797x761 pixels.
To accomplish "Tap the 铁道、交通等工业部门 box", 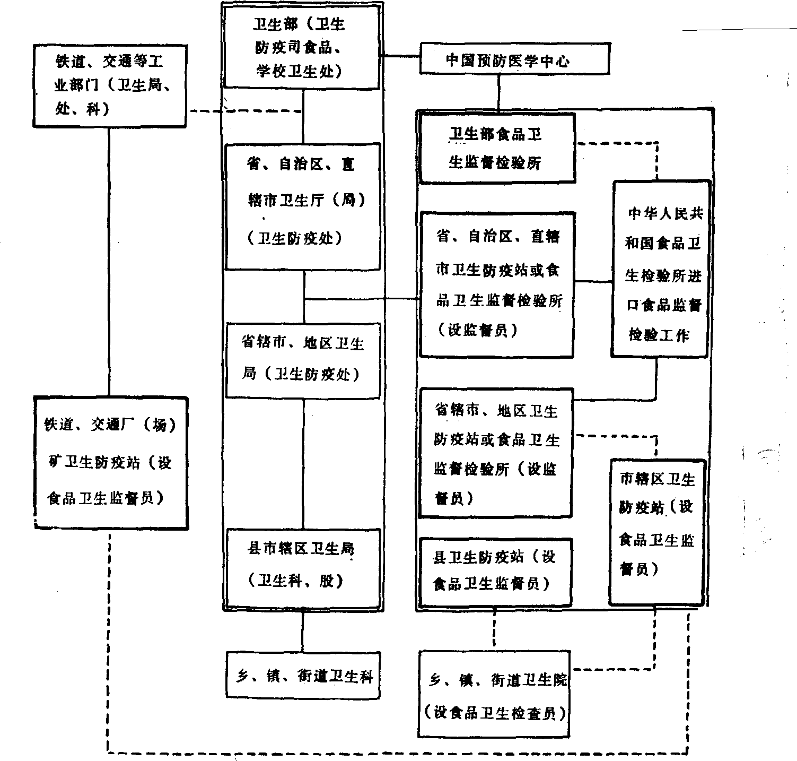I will tap(110, 86).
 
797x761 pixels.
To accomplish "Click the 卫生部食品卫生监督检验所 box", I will tap(497, 149).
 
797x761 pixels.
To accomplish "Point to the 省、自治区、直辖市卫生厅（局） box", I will tap(303, 206).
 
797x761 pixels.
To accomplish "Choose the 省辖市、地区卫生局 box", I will tap(303, 360).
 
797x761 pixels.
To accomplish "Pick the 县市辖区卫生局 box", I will tap(303, 567).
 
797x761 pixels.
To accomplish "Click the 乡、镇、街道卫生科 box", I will tap(303, 675).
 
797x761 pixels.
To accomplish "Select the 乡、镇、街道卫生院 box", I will tap(494, 694).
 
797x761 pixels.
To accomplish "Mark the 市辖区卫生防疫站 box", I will tap(657, 532).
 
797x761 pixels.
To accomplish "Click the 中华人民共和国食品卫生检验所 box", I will tap(661, 269).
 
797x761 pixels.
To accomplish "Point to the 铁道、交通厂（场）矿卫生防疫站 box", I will tap(110, 462).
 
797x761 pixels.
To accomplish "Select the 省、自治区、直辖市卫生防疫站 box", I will tap(497, 284).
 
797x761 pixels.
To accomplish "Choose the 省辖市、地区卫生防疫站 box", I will tap(496, 453).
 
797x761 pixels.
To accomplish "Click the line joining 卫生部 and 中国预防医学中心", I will tap(401, 56).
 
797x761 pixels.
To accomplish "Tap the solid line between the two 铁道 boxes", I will tap(110, 260).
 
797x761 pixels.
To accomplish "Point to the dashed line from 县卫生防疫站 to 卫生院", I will tap(495, 629).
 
